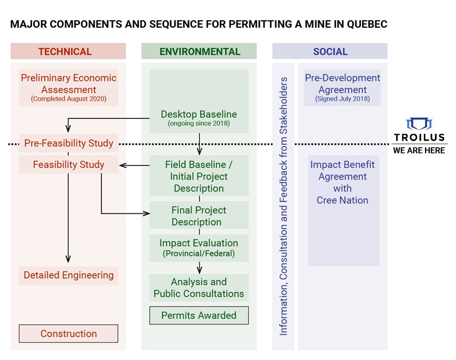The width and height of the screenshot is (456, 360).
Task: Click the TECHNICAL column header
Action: click(x=68, y=52)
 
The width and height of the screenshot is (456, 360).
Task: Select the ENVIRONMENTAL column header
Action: click(x=199, y=52)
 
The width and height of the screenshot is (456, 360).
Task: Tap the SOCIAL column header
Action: click(x=330, y=52)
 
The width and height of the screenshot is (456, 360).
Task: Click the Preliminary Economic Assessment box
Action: click(x=68, y=87)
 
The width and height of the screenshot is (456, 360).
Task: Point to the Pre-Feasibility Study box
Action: click(x=68, y=143)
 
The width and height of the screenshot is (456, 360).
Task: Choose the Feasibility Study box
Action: click(x=68, y=164)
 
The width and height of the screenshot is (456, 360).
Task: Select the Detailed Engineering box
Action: click(x=68, y=275)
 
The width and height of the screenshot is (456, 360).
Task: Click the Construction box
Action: click(x=68, y=333)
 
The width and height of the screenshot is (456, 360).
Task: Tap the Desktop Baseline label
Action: click(x=199, y=114)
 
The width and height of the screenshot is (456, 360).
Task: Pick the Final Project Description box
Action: click(x=199, y=216)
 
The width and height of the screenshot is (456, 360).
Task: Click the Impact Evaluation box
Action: click(x=199, y=247)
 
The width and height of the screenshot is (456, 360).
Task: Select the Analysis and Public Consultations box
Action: click(x=199, y=288)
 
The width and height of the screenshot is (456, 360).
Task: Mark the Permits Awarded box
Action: click(x=199, y=315)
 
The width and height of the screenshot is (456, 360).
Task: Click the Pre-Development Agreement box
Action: click(x=342, y=87)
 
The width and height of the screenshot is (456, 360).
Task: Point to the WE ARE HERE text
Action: click(x=419, y=150)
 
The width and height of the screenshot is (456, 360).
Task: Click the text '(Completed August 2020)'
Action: click(x=68, y=99)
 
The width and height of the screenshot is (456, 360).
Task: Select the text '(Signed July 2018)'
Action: click(x=342, y=99)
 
